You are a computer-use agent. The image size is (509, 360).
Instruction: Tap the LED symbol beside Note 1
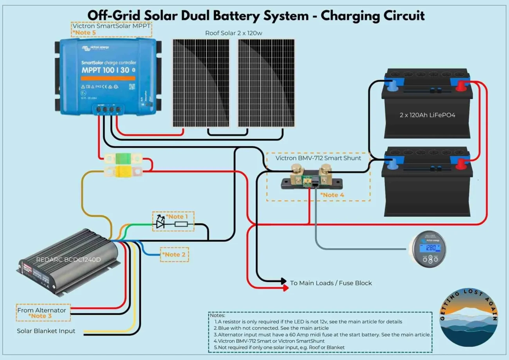tap(160, 224)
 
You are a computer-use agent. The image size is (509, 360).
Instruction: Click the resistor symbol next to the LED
tap(181, 224)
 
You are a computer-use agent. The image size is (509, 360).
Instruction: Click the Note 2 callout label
tap(175, 255)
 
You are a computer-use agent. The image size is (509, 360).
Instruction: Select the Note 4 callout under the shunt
tap(332, 195)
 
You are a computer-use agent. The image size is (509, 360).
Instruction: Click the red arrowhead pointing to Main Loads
tap(285, 288)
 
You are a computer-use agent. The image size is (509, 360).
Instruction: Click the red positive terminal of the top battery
tap(461, 85)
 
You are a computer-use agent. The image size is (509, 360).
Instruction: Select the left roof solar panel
tap(200, 83)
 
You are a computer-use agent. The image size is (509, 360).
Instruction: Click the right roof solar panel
tap(266, 83)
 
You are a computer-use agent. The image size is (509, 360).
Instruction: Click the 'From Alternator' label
tap(42, 310)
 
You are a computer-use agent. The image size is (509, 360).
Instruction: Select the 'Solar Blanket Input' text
tap(46, 331)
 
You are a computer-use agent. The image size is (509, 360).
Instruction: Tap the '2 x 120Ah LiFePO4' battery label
tap(427, 115)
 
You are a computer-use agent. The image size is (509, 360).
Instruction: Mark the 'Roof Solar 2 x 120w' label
tap(233, 33)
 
